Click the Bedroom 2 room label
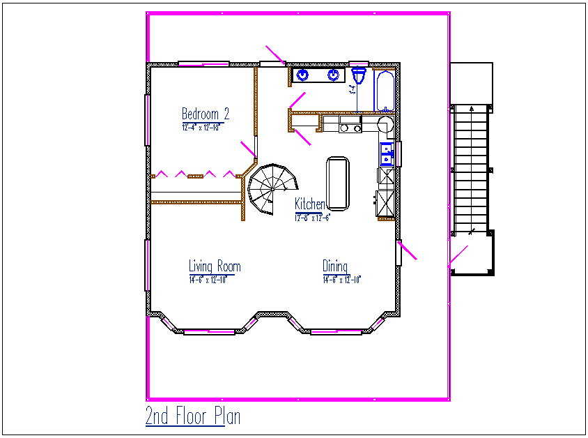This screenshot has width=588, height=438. tap(206, 114)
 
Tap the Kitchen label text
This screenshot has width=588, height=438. tap(309, 204)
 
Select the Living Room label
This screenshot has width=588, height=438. tap(215, 266)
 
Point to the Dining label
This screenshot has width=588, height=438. tap(335, 266)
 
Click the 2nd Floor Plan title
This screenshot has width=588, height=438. tap(193, 416)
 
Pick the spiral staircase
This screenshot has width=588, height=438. tap(270, 187)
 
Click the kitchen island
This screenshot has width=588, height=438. tap(338, 183)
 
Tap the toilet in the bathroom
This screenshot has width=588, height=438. tap(360, 75)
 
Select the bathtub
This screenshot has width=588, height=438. tap(384, 91)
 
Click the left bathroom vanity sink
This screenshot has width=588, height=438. tap(304, 75)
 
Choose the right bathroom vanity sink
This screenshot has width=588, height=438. tap(334, 75)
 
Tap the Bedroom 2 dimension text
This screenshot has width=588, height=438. tap(201, 128)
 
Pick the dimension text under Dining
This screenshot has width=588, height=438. tap(341, 280)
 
